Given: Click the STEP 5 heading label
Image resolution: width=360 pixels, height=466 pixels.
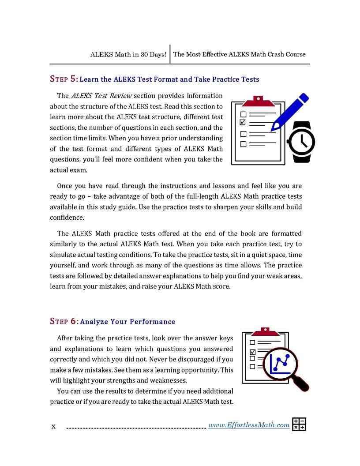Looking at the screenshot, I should coord(64,79).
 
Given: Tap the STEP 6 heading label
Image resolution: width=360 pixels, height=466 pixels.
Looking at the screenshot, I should coord(64,322).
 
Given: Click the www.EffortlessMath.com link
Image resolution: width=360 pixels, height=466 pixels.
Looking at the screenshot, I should coord(249,425).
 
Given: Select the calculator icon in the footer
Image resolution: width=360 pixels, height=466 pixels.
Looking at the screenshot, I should coord(299,424).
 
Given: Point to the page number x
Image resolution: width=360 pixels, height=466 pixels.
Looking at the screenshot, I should coord(53,426).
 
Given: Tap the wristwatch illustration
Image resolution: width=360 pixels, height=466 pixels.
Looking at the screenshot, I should coord(301,142).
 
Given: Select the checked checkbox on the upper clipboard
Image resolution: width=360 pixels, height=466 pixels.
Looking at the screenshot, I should coord(243,122).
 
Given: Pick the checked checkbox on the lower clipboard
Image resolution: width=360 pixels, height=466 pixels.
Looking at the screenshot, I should coord(253,352).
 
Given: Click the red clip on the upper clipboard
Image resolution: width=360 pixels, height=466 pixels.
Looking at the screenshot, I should coord(258,102).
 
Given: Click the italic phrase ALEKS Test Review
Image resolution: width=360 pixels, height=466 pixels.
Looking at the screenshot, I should coord(101,96).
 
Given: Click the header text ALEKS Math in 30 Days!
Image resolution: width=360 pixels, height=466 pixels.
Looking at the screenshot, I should coord(128,55).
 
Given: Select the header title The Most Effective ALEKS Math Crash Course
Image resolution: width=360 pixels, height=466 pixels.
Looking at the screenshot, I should coord(240,55).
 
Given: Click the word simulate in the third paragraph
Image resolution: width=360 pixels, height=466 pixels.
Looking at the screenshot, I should coord(64,255).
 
